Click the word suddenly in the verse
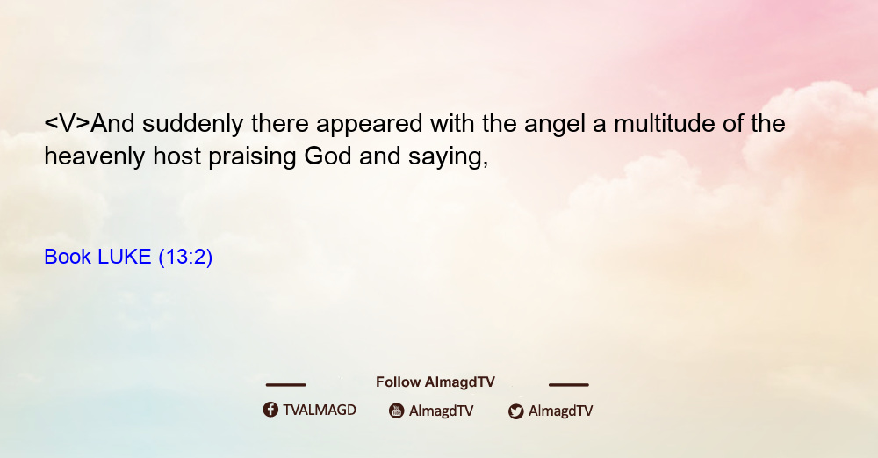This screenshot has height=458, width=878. tap(192, 124)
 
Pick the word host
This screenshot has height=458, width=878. tap(177, 156)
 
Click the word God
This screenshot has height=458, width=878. tap(327, 156)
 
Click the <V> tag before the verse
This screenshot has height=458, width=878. tap(68, 124)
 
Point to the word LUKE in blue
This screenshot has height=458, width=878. tap(125, 257)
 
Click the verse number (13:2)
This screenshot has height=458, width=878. tap(185, 258)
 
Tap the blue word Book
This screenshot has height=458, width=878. tap(68, 257)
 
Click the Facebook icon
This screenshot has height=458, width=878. tap(270, 410)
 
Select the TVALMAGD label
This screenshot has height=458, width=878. tap(320, 411)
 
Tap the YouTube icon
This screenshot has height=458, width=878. tap(397, 411)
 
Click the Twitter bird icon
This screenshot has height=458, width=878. tap(515, 411)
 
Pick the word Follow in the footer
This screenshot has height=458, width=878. tap(398, 382)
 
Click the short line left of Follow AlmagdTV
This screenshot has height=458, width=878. tap(285, 384)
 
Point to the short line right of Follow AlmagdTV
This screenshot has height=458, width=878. tap(569, 384)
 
